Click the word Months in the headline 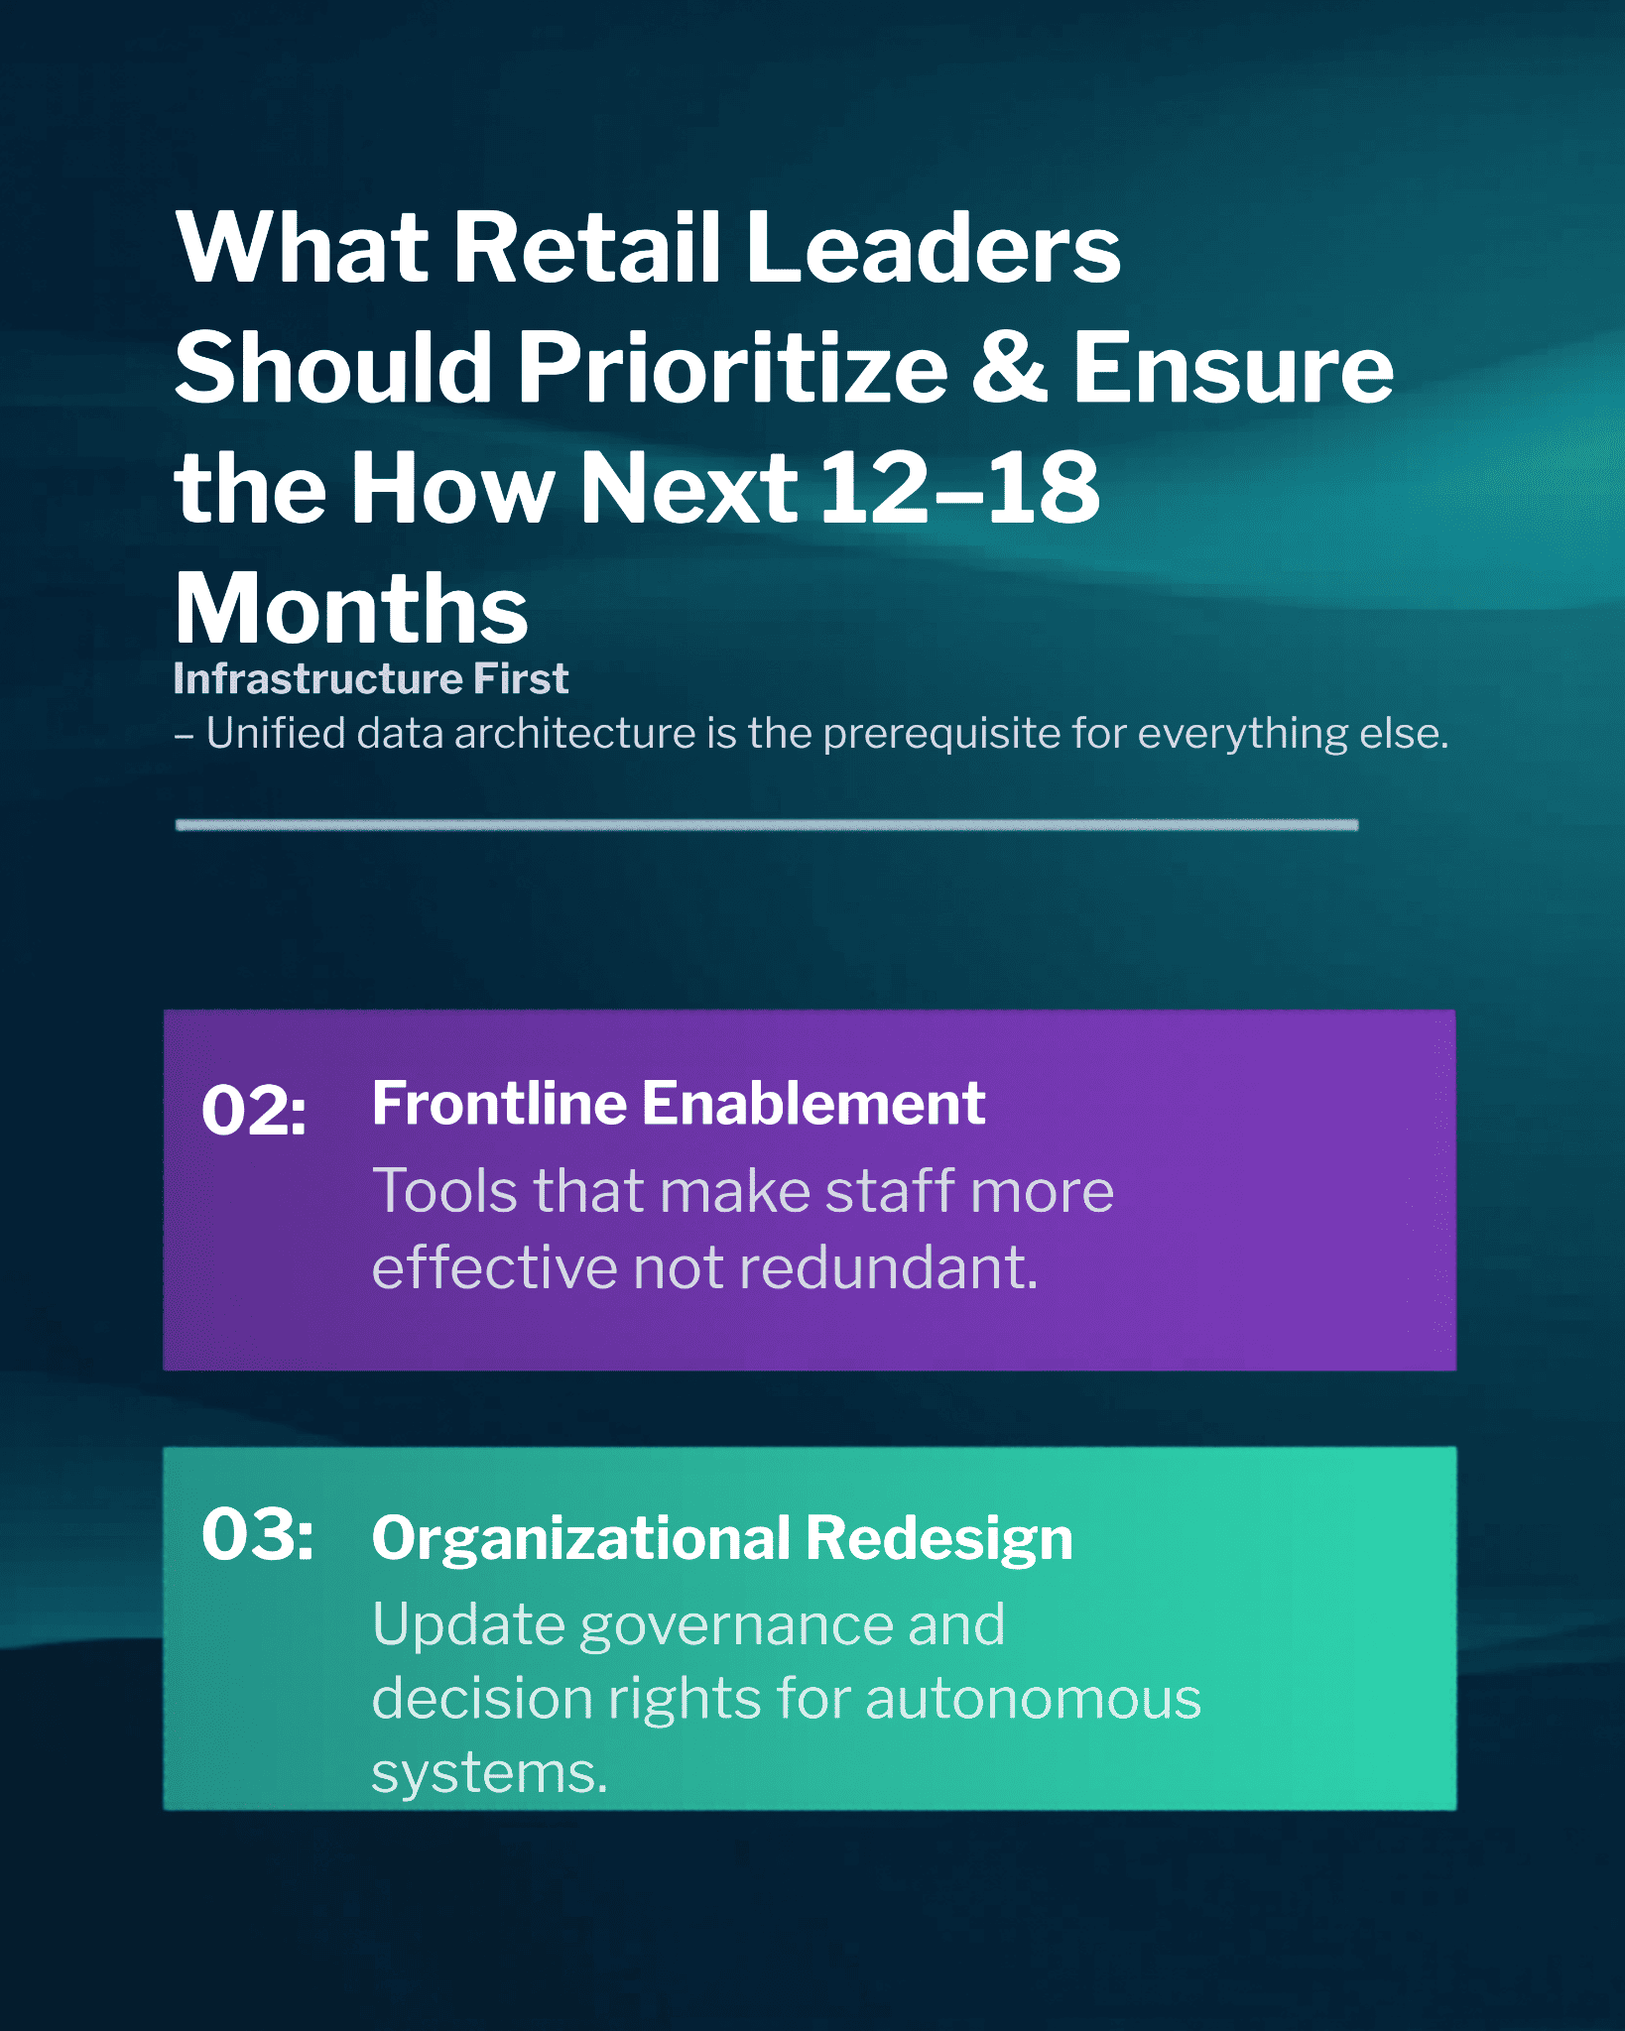coord(351,608)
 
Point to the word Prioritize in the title coord(733,368)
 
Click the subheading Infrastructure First coord(371,679)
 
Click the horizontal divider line coord(767,825)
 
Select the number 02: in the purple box coord(254,1110)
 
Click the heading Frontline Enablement coord(679,1104)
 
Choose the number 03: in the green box coord(258,1535)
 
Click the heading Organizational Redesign coord(722,1539)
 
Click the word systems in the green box coord(489,1773)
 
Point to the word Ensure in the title coord(1233,368)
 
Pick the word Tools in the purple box coord(444,1190)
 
